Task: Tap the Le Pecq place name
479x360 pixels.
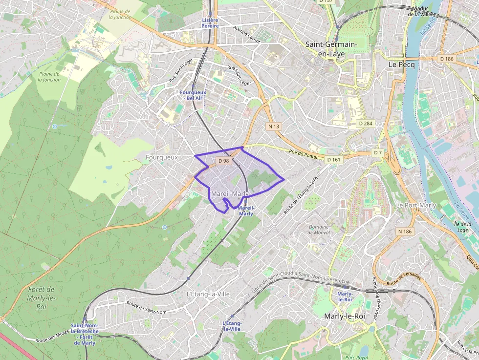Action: coord(401,64)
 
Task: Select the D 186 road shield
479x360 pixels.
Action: coord(446,59)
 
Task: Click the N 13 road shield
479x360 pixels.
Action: coord(274,127)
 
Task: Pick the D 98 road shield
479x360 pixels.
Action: coord(224,161)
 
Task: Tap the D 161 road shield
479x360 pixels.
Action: coord(333,160)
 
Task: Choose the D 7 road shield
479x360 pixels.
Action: coord(378,153)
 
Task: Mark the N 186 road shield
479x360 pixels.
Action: coord(405,231)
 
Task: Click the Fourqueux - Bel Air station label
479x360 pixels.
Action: coord(192,95)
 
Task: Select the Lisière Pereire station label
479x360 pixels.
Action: coord(210,23)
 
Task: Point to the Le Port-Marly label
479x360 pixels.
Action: coord(416,206)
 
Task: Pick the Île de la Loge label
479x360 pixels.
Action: coord(462,227)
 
